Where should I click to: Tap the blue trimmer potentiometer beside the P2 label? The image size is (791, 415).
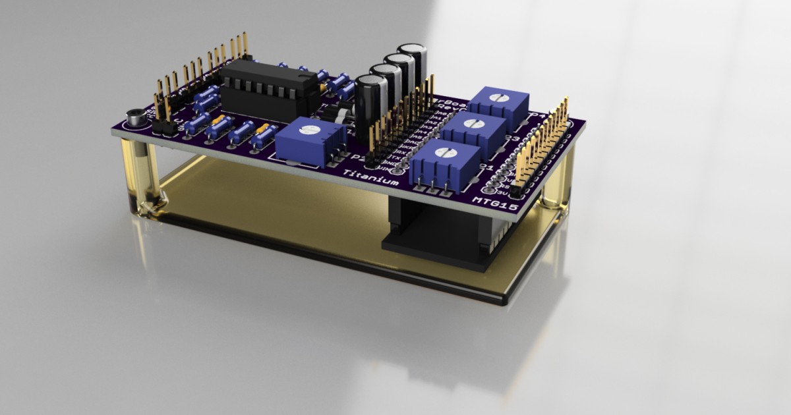pyautogui.click(x=310, y=142)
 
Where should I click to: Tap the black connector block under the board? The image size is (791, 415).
pyautogui.click(x=442, y=234)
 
